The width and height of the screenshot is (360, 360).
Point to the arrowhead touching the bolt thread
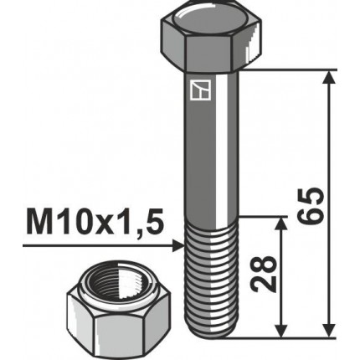pos(178,246)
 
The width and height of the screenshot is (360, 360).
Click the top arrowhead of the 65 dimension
pos(329,78)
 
